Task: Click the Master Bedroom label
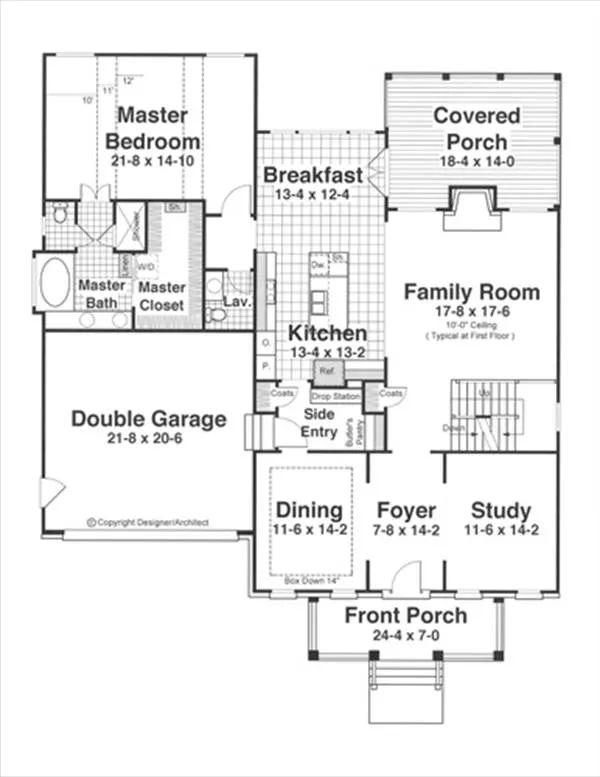pos(152,128)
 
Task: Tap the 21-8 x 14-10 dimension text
pos(153,160)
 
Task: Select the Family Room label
pos(471,292)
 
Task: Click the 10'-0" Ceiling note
pos(472,325)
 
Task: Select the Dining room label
pos(310,510)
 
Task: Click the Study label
pos(500,510)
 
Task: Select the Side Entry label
pos(318,421)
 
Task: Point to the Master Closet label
pos(161,295)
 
